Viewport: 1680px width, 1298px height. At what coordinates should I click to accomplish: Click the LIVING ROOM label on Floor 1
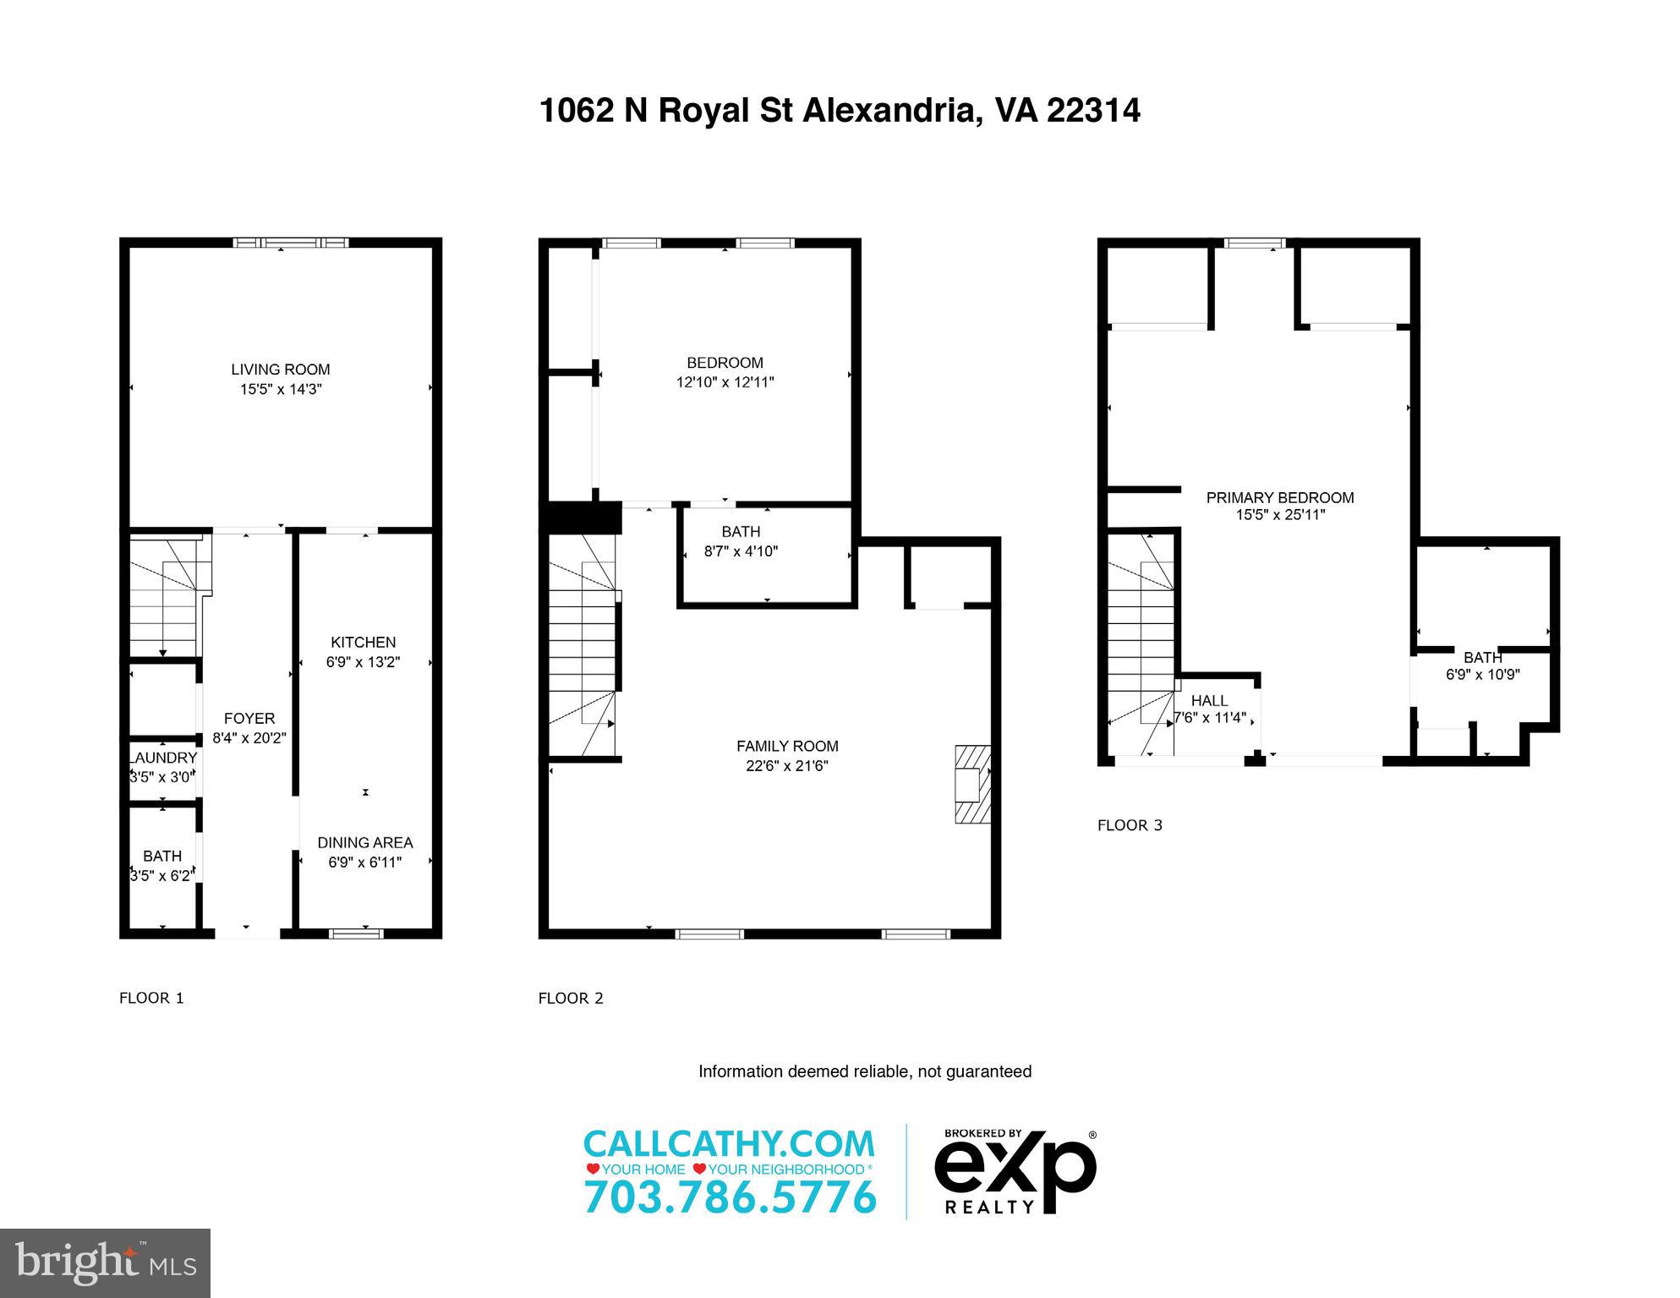pyautogui.click(x=281, y=370)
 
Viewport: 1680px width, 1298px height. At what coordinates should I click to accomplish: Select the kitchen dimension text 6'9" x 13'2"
pyautogui.click(x=363, y=662)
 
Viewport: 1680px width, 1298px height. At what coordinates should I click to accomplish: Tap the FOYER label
pyautogui.click(x=249, y=718)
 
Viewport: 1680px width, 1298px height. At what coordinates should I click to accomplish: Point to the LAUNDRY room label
pyautogui.click(x=162, y=758)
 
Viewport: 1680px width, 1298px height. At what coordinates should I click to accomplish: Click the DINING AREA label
pyautogui.click(x=364, y=842)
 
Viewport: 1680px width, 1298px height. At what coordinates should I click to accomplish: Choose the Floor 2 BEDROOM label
pyautogui.click(x=725, y=363)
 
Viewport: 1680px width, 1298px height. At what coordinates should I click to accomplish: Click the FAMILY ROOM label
pyautogui.click(x=787, y=746)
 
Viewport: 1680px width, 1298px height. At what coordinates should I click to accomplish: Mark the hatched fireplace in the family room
pyautogui.click(x=972, y=784)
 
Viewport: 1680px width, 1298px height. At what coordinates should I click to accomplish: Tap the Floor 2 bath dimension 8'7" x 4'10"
pyautogui.click(x=741, y=551)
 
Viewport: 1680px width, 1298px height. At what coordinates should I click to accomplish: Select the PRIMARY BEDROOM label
pyautogui.click(x=1279, y=498)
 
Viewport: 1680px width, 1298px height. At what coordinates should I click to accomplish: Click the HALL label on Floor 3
pyautogui.click(x=1209, y=700)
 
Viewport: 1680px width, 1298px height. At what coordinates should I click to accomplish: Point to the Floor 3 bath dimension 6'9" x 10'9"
pyautogui.click(x=1482, y=675)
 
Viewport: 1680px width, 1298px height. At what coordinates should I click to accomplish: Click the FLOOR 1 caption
pyautogui.click(x=151, y=998)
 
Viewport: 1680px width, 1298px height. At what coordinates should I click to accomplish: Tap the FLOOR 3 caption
pyautogui.click(x=1130, y=825)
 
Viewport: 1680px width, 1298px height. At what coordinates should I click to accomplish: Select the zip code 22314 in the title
pyautogui.click(x=1093, y=111)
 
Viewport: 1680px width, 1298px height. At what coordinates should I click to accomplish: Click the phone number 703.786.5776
pyautogui.click(x=730, y=1197)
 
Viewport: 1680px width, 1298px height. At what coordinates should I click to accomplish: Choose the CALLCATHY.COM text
pyautogui.click(x=729, y=1143)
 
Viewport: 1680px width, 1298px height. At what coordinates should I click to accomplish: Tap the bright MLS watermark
pyautogui.click(x=105, y=1263)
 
